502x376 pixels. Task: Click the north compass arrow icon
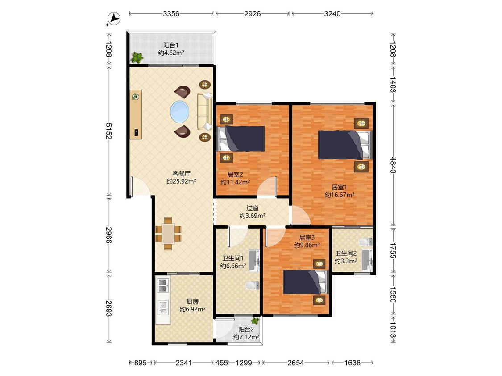114,18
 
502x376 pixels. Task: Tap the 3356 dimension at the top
171,14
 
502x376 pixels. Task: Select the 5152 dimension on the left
108,131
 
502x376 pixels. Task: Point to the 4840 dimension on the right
393,165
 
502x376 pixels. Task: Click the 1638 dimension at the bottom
352,363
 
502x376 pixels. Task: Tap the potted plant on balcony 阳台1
137,57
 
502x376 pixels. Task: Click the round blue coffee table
179,112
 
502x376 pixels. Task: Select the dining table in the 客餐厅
168,234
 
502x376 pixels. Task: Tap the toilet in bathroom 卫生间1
253,285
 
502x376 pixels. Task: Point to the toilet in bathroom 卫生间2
365,242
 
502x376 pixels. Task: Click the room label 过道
252,208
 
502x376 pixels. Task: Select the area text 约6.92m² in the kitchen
192,309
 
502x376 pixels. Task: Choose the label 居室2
235,175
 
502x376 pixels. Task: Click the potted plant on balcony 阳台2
255,320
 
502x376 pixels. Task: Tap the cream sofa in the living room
204,111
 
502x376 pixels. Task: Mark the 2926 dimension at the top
252,14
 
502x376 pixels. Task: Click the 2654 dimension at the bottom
295,363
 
